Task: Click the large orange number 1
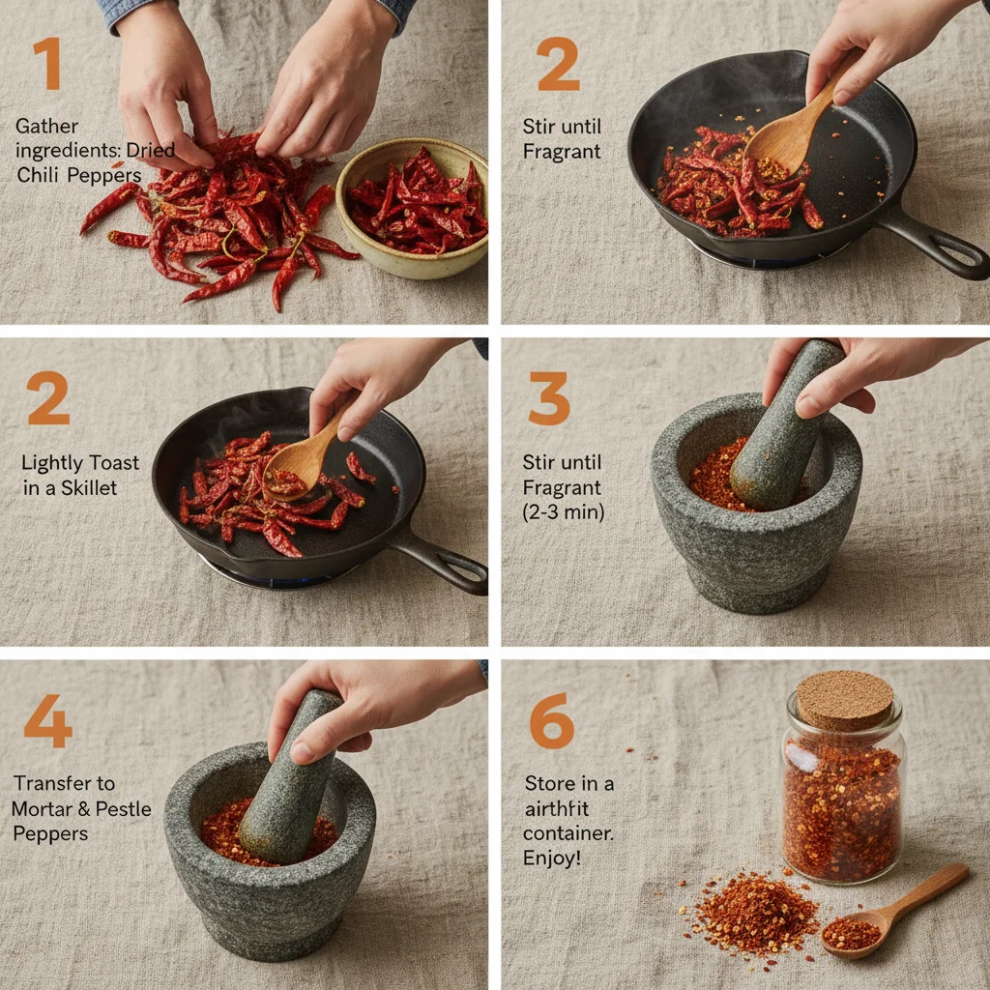(47, 65)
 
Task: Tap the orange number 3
(548, 398)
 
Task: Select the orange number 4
(47, 720)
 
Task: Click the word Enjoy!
(552, 858)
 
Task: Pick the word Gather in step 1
(46, 126)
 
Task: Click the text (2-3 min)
(563, 512)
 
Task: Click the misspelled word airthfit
(558, 808)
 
